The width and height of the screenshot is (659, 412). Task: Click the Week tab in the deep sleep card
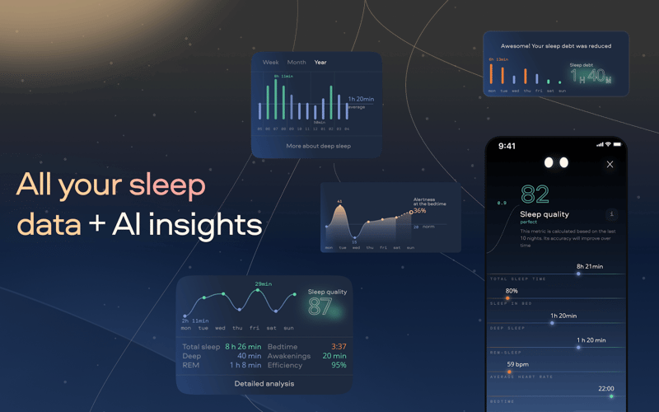pyautogui.click(x=270, y=63)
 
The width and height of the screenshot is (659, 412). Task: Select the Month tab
pyautogui.click(x=297, y=63)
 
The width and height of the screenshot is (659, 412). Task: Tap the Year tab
pyautogui.click(x=320, y=63)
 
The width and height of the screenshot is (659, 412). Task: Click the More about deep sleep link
pyautogui.click(x=318, y=146)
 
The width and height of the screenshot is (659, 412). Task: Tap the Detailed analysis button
pyautogui.click(x=264, y=383)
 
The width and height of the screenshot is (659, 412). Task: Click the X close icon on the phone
pyautogui.click(x=610, y=165)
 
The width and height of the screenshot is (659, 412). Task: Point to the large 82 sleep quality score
pyautogui.click(x=535, y=194)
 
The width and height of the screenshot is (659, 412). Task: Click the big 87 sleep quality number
pyautogui.click(x=320, y=307)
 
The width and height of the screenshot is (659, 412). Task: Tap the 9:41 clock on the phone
pyautogui.click(x=507, y=147)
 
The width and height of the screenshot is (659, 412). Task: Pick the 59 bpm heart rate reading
pyautogui.click(x=517, y=364)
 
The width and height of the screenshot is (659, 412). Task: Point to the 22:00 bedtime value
pyautogui.click(x=606, y=388)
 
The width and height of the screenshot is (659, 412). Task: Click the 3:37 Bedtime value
pyautogui.click(x=339, y=347)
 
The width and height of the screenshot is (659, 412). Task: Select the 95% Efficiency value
pyautogui.click(x=339, y=365)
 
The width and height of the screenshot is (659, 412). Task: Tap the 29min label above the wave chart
pyautogui.click(x=263, y=284)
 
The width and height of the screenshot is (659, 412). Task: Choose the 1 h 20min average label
pyautogui.click(x=361, y=99)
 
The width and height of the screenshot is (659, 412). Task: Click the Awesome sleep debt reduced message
pyautogui.click(x=555, y=46)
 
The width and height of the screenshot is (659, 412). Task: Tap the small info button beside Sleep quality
pyautogui.click(x=610, y=215)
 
